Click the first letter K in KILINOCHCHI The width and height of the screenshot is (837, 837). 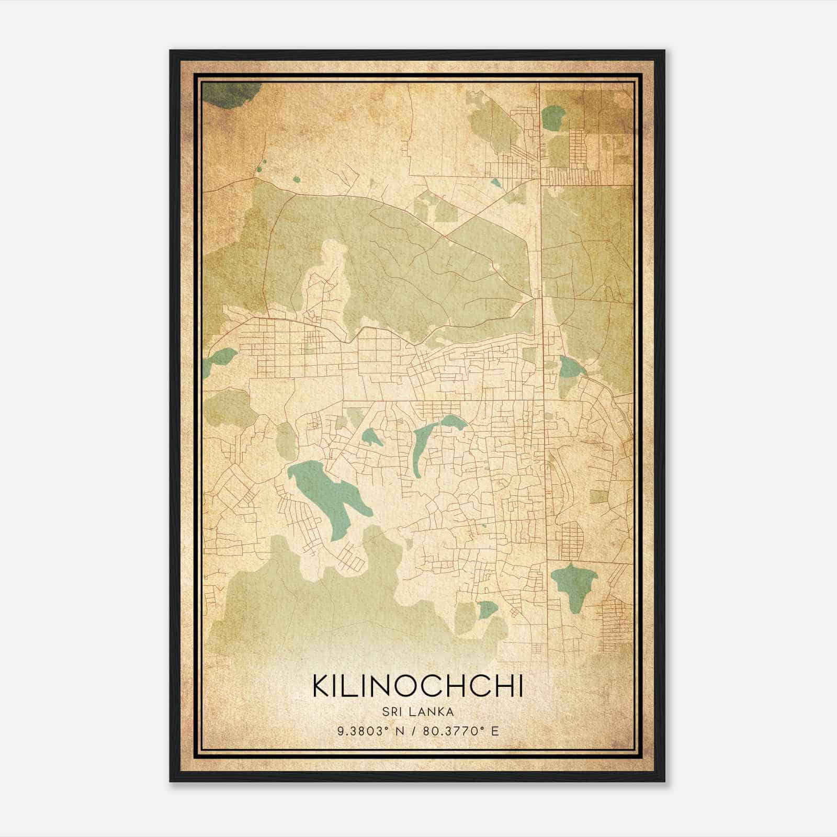[x=320, y=686]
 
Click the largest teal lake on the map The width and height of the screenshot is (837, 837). [x=327, y=492]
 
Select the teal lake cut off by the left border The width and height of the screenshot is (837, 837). [x=217, y=360]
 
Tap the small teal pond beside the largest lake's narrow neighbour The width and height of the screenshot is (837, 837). [x=371, y=437]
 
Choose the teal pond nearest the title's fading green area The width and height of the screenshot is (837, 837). [x=487, y=608]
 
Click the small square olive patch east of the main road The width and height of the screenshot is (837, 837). [x=599, y=496]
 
